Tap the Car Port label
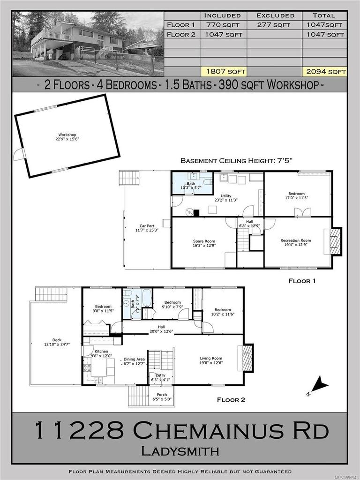tap(147, 228)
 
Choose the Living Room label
tap(210, 360)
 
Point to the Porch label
tap(162, 397)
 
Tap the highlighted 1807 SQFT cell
tap(224, 72)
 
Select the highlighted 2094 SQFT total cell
tap(325, 72)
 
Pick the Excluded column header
tap(275, 15)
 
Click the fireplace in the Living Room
tap(248, 358)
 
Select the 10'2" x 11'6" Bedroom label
tap(223, 312)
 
